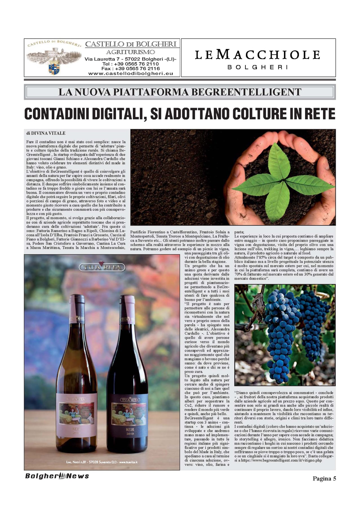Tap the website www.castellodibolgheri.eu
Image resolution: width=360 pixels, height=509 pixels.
click(130, 73)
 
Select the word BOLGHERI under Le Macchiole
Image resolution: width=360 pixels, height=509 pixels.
click(258, 67)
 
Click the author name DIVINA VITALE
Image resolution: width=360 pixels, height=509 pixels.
click(48, 133)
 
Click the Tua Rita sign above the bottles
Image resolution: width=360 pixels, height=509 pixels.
click(102, 267)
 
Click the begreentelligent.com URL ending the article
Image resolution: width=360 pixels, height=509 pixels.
click(281, 460)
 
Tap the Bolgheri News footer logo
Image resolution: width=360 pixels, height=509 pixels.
click(57, 476)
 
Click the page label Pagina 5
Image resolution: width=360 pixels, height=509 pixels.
click(324, 478)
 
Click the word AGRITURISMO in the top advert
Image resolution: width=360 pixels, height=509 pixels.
click(130, 52)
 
